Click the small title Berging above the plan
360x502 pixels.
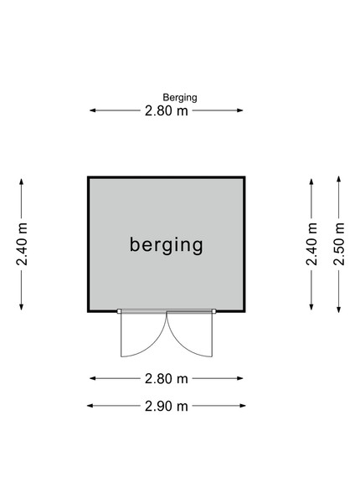click(180, 98)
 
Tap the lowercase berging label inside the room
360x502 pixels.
click(167, 245)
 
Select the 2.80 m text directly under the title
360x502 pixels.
click(167, 110)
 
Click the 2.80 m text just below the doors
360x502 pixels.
click(167, 379)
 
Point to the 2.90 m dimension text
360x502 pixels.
click(167, 407)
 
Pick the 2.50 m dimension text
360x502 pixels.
click(339, 244)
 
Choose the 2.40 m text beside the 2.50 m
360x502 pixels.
click(311, 244)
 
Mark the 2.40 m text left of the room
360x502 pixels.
click(22, 244)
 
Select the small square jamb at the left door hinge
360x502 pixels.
click(119, 311)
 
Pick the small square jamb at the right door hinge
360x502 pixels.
click(214, 311)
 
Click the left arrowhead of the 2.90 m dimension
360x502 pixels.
click(90, 406)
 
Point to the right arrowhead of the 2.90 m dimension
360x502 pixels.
click(243, 406)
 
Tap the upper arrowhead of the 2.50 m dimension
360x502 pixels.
click(338, 179)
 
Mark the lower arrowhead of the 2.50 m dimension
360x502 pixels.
click(338, 310)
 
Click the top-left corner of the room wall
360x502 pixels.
click(88, 177)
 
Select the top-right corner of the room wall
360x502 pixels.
click(245, 177)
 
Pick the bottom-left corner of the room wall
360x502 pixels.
click(88, 311)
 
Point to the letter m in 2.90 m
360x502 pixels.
click(183, 407)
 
